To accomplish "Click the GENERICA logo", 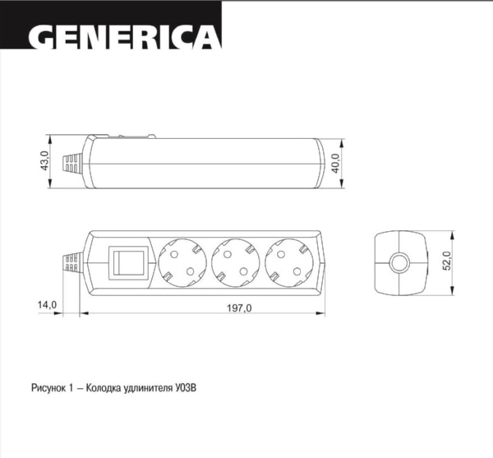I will pos(123,36).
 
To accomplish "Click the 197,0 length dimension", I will pos(238,307).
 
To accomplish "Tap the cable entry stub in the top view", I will pos(72,262).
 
